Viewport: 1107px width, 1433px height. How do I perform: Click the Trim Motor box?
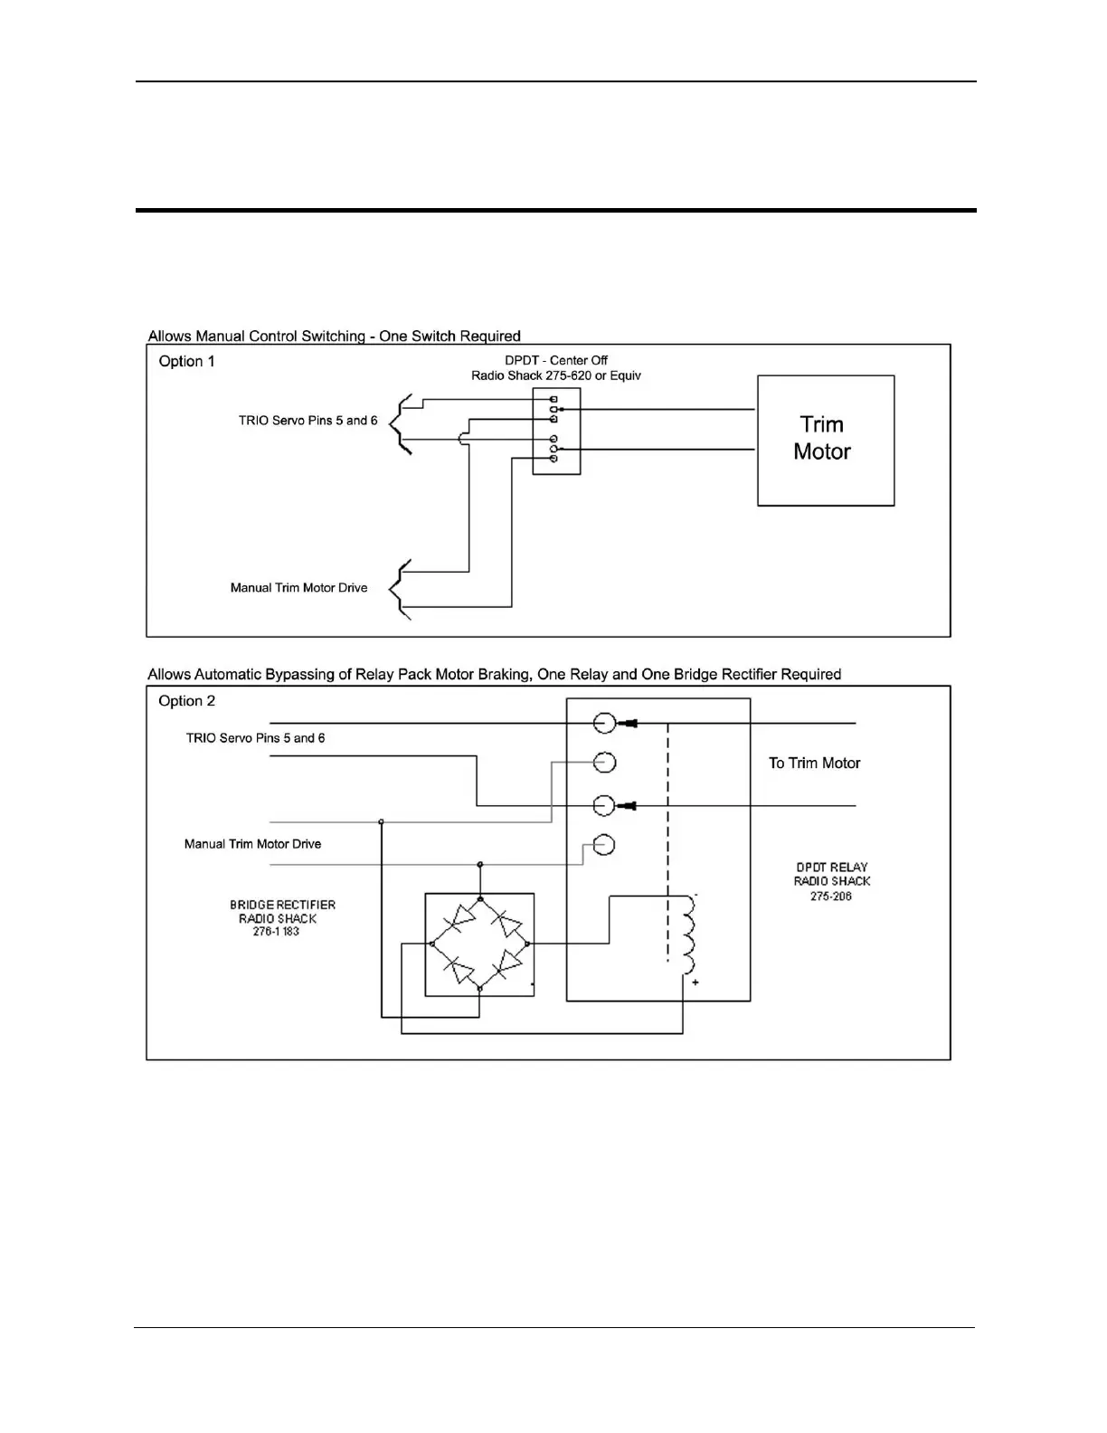click(x=826, y=441)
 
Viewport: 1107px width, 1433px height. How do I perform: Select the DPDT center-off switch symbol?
click(x=556, y=432)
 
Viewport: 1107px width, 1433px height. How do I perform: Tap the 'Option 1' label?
click(x=187, y=361)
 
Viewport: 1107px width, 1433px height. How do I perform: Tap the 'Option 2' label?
click(x=187, y=701)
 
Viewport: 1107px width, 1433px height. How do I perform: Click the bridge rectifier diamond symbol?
click(x=479, y=944)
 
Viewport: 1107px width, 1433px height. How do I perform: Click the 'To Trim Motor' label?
click(x=814, y=764)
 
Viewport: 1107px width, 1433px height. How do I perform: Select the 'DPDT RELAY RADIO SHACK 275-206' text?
click(x=831, y=881)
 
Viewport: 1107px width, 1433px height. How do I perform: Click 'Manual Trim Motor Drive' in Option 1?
click(x=298, y=588)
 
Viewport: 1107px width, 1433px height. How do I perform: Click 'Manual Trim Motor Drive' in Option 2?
click(x=252, y=844)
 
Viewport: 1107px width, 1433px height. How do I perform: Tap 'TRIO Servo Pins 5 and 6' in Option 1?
click(x=307, y=421)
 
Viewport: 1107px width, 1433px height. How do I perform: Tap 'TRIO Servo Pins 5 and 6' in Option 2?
click(x=255, y=738)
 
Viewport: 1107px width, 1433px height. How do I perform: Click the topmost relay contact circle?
click(x=604, y=723)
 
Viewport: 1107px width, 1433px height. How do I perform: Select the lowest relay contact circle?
click(x=604, y=845)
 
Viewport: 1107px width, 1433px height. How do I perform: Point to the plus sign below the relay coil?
click(x=695, y=982)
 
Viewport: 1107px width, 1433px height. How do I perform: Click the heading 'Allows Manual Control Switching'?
click(x=334, y=337)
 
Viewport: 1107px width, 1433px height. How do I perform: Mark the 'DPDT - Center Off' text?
click(x=556, y=360)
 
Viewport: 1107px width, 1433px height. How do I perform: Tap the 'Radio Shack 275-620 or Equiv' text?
click(x=556, y=375)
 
